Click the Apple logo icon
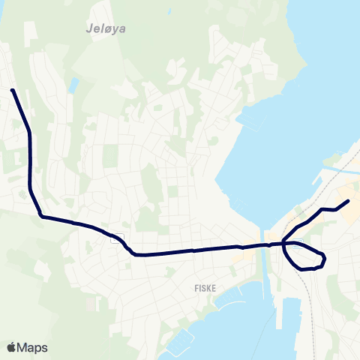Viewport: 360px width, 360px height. coord(12,347)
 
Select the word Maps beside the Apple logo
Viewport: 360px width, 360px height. coord(33,347)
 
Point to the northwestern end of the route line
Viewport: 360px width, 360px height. coord(13,91)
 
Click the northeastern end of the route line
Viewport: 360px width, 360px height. coord(348,201)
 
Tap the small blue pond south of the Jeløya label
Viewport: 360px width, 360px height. coord(73,85)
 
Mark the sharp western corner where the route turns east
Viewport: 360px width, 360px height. coord(41,217)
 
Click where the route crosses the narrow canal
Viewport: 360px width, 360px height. coord(263,244)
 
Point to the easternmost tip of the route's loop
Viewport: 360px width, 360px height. coord(325,258)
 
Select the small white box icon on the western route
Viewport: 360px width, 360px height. coord(117,239)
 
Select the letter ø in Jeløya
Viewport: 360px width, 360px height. coord(100,31)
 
